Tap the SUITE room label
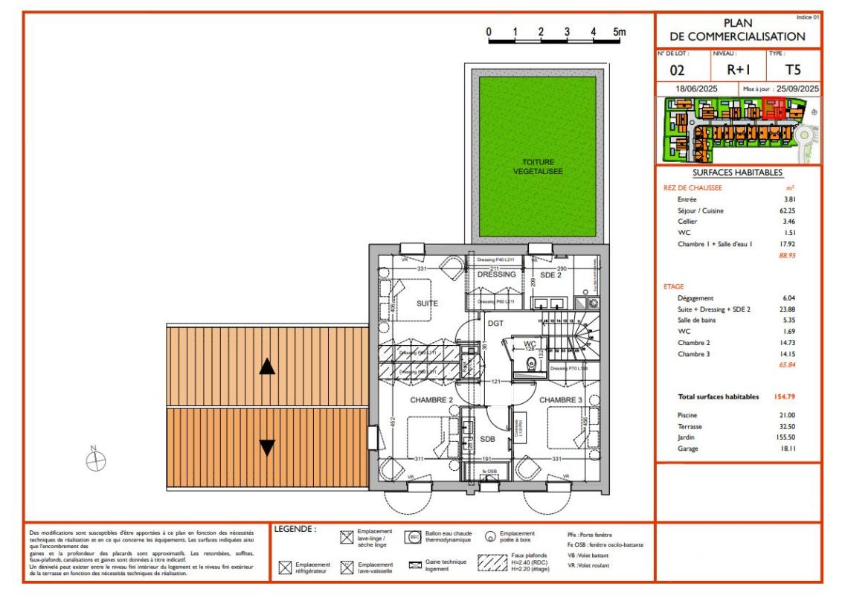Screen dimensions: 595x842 (x=427, y=303)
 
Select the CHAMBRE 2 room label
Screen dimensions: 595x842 (x=431, y=400)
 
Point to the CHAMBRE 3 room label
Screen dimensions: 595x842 (x=561, y=400)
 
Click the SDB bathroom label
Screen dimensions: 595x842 (x=487, y=438)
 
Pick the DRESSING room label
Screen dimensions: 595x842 (x=496, y=274)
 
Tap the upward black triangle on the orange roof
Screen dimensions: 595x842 (x=267, y=366)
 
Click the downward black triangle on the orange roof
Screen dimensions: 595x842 (x=267, y=448)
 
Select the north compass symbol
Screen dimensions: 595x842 (x=95, y=461)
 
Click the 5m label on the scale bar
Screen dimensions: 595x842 (x=619, y=32)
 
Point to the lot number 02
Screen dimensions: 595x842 (x=678, y=71)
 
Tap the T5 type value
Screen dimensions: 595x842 (x=794, y=71)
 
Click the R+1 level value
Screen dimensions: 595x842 (x=739, y=71)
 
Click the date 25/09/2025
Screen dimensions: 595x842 (x=797, y=89)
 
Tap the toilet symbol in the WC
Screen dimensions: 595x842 (x=531, y=364)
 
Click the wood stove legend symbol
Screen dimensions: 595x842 (x=491, y=536)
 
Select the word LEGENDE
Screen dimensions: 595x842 (x=295, y=530)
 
